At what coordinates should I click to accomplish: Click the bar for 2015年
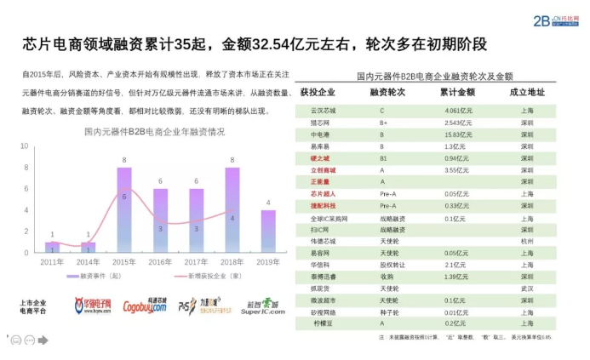click(x=124, y=209)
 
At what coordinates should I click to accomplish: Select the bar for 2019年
click(x=267, y=231)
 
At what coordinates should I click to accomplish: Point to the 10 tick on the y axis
click(x=26, y=146)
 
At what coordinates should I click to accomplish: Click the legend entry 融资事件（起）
click(x=94, y=277)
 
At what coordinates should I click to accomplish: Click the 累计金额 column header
click(x=458, y=91)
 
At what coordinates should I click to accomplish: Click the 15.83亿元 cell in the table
click(x=458, y=134)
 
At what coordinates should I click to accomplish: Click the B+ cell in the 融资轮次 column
click(x=383, y=123)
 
